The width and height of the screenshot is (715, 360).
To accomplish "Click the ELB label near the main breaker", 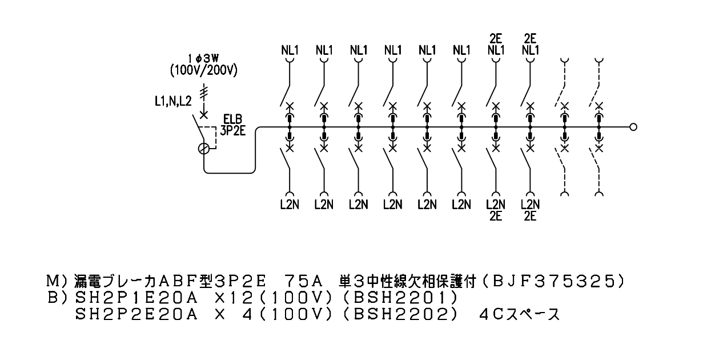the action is (x=232, y=120).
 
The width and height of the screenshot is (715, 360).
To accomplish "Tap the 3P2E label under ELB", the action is (x=233, y=131).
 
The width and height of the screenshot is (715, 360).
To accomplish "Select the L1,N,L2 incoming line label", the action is (x=173, y=101).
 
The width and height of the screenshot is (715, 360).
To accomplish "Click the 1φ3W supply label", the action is (x=203, y=59).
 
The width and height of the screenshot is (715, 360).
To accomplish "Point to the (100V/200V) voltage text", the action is (x=204, y=71).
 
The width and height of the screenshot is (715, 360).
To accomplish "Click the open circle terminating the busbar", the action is (x=633, y=127).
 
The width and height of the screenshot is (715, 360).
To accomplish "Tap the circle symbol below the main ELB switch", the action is (x=204, y=149).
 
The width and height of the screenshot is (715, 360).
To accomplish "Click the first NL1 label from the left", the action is (x=290, y=50).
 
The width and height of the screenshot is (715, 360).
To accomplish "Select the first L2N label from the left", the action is (x=290, y=205).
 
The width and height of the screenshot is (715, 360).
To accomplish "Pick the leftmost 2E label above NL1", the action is (x=496, y=39).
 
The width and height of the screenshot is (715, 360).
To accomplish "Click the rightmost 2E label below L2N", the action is (x=530, y=217).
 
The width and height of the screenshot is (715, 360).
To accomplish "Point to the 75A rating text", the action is (x=304, y=281).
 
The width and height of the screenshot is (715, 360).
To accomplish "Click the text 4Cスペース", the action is (x=520, y=315).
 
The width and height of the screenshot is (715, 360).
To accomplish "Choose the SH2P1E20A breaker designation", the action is (x=137, y=298).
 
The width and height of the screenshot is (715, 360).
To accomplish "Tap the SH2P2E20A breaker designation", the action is (x=137, y=315).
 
